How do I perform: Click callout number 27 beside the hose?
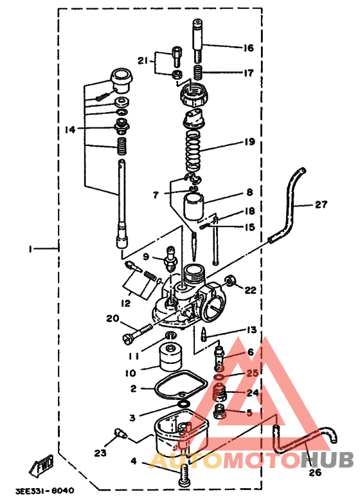coord(321,205)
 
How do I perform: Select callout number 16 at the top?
coord(248,48)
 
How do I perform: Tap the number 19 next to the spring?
coord(249,141)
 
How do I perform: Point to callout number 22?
coord(249,290)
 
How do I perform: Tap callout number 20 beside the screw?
coord(113,318)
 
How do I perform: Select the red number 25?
coord(251,373)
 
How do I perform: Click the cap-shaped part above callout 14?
coord(120,79)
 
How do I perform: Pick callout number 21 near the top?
coord(143,61)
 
